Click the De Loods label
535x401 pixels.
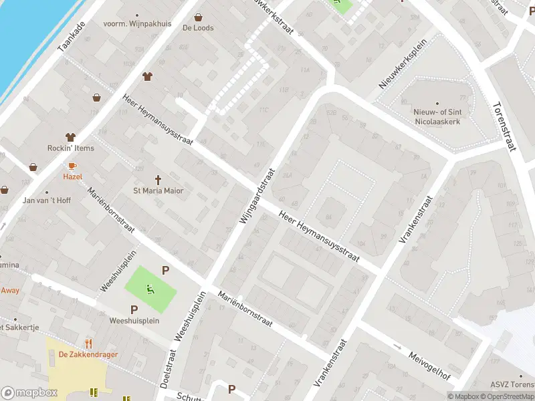point(198,28)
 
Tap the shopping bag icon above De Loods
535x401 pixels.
point(198,17)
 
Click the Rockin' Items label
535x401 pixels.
point(71,148)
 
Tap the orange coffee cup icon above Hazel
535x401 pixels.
point(72,165)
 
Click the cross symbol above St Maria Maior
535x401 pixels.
point(158,179)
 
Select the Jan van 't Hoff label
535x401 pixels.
point(47,200)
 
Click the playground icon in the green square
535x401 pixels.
point(150,289)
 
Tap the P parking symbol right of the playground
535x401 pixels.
point(165,271)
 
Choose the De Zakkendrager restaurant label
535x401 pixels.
point(84,354)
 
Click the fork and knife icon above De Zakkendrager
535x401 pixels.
point(88,342)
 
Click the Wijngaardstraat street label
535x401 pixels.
point(257,196)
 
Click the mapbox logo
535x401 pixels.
point(29,392)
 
